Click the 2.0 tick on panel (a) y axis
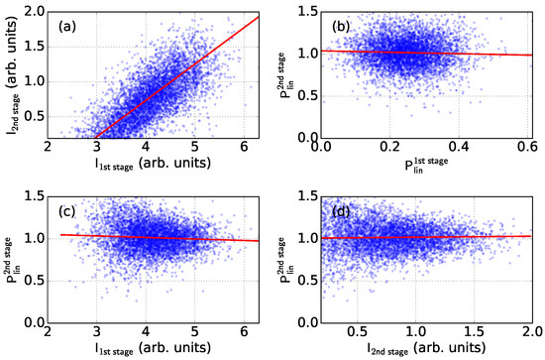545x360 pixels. click(37, 10)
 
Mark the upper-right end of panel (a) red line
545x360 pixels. click(259, 17)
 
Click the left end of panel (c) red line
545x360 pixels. click(62, 235)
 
